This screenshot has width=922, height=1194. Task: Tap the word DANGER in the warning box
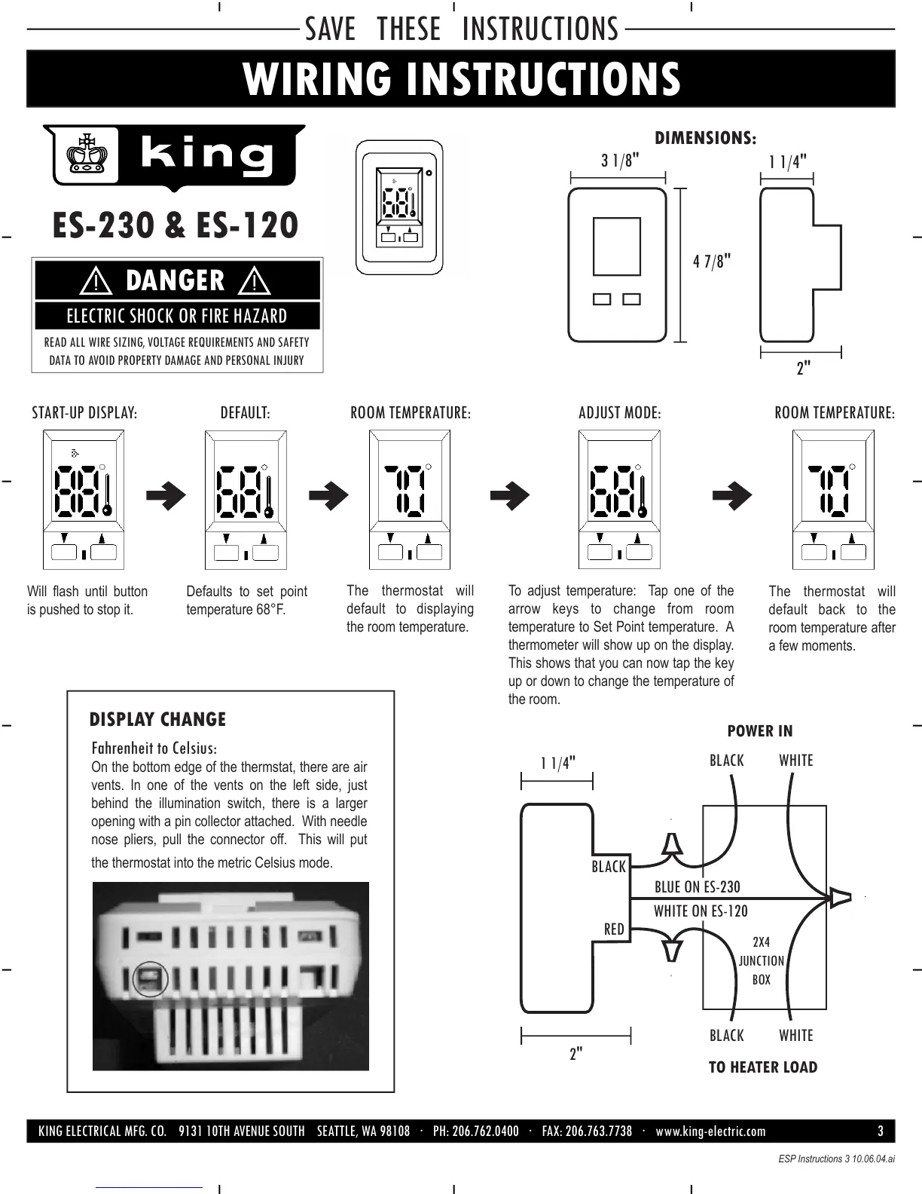pos(176,280)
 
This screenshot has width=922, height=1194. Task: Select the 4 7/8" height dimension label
pos(712,262)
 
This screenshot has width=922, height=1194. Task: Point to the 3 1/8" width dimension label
pos(620,161)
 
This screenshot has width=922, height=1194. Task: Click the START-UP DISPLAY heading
pos(84,413)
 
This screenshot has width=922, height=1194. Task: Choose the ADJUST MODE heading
pos(619,413)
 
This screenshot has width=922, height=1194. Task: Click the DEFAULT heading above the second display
pos(245,413)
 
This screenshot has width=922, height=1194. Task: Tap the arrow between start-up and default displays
pos(166,495)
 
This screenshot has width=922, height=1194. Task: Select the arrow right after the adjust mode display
pos(732,495)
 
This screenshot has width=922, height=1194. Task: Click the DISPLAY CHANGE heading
pos(157,719)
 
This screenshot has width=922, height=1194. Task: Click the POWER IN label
pos(759,731)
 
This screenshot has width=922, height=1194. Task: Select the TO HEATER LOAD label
pos(762,1067)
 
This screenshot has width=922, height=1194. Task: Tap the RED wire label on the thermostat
pos(614,929)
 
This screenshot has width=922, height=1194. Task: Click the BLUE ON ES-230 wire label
pos(698,887)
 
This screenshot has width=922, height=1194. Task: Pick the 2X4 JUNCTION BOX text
pos(761,961)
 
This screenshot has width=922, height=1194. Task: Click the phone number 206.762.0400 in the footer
pos(476,1131)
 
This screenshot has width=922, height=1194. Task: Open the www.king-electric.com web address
pos(710,1131)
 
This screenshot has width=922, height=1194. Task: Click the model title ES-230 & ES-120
pos(175,225)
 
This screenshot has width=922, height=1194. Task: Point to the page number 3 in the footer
pos(881,1131)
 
